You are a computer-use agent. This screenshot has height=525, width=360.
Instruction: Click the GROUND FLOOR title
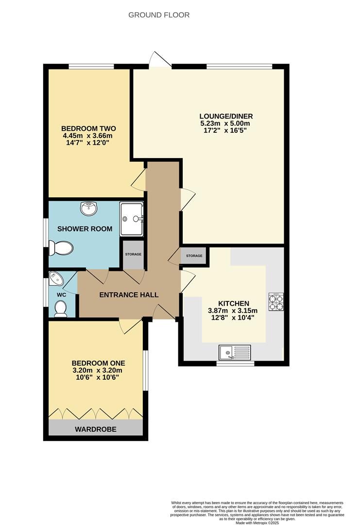(x=159, y=15)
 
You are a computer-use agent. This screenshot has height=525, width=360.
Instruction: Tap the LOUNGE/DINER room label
(x=226, y=116)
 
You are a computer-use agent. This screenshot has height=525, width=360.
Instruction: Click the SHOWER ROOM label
(x=85, y=228)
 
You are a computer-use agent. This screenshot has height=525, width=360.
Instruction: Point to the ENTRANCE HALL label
(x=129, y=295)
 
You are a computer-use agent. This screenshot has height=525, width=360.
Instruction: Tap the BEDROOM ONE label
(x=98, y=363)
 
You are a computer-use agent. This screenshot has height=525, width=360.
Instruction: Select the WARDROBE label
(x=95, y=429)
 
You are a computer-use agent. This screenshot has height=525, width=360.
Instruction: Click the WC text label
(x=61, y=295)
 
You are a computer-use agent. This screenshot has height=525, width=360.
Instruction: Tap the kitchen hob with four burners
(x=276, y=302)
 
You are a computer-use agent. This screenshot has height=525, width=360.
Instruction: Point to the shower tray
(x=132, y=219)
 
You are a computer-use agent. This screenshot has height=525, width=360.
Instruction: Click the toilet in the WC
(x=61, y=309)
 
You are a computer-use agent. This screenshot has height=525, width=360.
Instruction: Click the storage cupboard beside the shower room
(x=133, y=254)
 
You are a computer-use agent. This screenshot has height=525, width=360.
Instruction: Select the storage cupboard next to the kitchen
(x=194, y=256)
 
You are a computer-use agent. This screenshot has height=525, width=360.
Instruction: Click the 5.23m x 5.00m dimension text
(x=226, y=123)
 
